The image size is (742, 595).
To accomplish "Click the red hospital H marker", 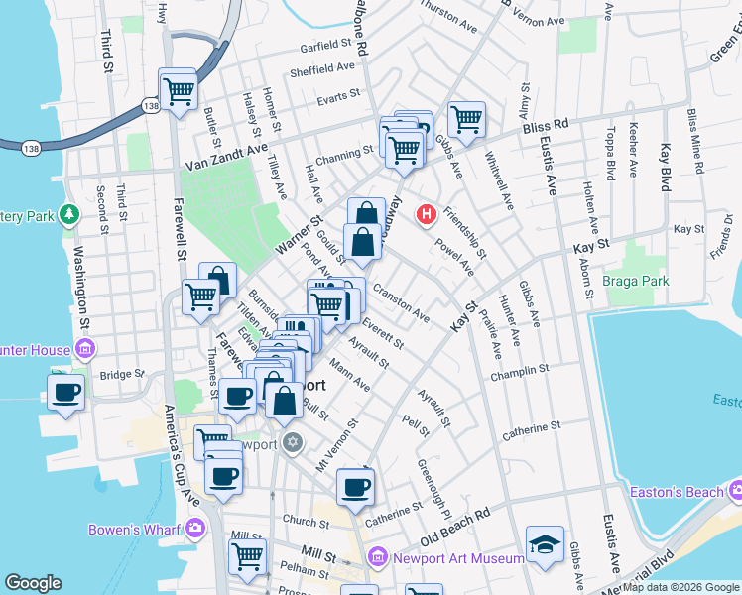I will coord(428,213).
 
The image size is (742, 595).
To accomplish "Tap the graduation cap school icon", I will coord(545,544).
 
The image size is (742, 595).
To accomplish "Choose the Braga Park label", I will coord(636,281).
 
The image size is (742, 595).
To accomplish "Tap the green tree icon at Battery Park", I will coord(69,214).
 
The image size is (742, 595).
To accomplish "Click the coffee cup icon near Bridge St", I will coord(66,391).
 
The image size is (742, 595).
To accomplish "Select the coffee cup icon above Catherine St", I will coord(354,486).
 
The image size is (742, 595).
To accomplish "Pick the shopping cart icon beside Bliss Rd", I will coord(465,119).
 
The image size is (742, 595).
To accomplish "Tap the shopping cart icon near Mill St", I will coord(247,555).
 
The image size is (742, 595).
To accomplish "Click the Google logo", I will coord(34,583).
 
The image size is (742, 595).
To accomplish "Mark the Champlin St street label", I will coord(525,370).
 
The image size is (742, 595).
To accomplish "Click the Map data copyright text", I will coord(680,587).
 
